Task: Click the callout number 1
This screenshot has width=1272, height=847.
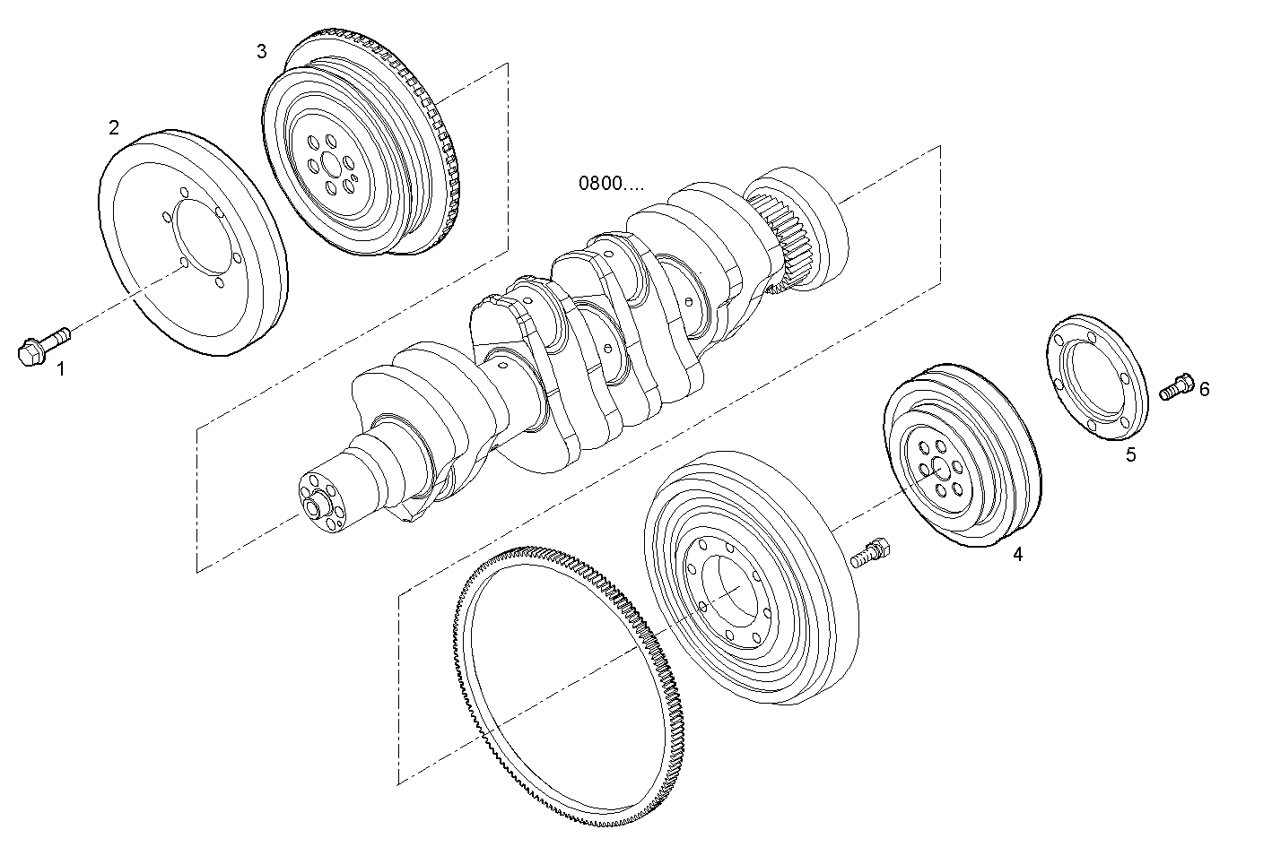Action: (61, 367)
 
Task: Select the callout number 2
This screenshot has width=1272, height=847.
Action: (114, 127)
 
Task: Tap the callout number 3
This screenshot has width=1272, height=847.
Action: (261, 51)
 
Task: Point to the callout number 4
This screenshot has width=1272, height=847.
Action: (1017, 555)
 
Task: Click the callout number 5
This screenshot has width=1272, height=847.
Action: (1130, 454)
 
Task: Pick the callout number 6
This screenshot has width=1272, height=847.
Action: (1204, 388)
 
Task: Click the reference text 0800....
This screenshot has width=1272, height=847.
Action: (610, 185)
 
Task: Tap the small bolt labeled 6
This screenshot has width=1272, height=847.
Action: (1176, 387)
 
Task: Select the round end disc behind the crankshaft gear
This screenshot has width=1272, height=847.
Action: (821, 224)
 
